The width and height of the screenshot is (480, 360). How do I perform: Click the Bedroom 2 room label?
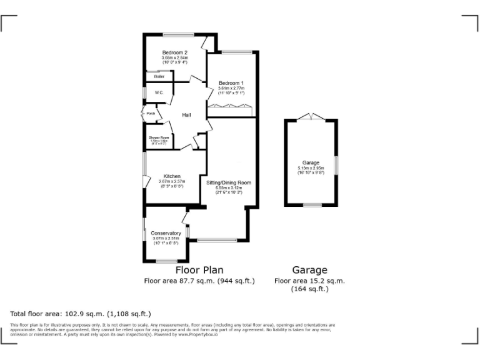(x=175, y=52)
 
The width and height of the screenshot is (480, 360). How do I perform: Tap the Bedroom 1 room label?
(x=231, y=83)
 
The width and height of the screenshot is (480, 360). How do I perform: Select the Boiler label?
(x=151, y=76)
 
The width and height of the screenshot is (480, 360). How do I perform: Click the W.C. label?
(x=151, y=93)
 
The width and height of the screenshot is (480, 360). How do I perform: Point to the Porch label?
(x=151, y=114)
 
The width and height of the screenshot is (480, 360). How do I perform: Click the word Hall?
(x=186, y=115)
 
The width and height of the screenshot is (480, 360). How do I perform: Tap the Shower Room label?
(x=159, y=137)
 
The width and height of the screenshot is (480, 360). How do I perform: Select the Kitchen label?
(x=172, y=176)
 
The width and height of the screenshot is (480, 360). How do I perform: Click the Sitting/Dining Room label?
(x=229, y=182)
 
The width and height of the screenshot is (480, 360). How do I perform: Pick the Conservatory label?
(x=166, y=233)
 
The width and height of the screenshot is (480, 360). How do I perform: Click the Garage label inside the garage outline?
(x=311, y=161)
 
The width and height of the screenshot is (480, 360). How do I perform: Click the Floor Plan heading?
(x=199, y=270)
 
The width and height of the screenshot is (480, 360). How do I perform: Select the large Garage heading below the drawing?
(x=310, y=270)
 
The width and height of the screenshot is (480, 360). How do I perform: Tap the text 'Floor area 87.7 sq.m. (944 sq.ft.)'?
(x=199, y=281)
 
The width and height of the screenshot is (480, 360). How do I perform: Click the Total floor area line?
(x=81, y=314)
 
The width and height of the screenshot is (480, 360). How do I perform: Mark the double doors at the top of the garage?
(x=311, y=116)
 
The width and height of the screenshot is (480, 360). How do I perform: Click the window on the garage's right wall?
(x=336, y=165)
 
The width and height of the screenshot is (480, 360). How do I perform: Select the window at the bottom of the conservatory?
(x=167, y=261)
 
